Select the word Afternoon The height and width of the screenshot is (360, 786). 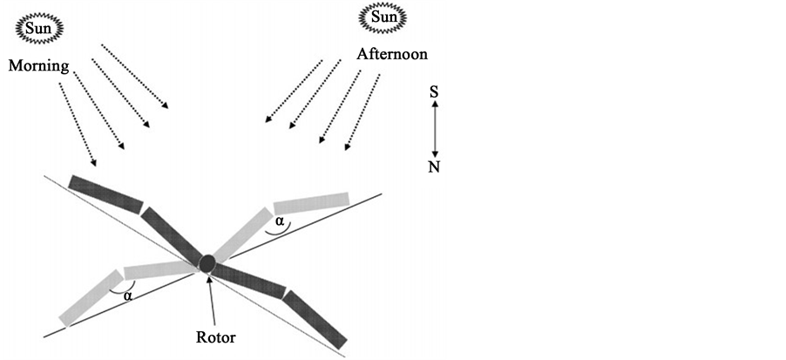(x=392, y=54)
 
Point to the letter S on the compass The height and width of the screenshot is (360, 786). (x=434, y=91)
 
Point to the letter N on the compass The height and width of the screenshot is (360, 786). (x=434, y=166)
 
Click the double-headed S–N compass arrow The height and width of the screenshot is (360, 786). (x=434, y=128)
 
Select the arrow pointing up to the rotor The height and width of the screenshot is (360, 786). (x=209, y=296)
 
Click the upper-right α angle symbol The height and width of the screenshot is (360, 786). (x=278, y=222)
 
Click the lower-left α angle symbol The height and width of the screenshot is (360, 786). (x=128, y=295)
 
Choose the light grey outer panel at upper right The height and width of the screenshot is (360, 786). (x=311, y=203)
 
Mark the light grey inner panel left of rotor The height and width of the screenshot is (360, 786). (x=160, y=269)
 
